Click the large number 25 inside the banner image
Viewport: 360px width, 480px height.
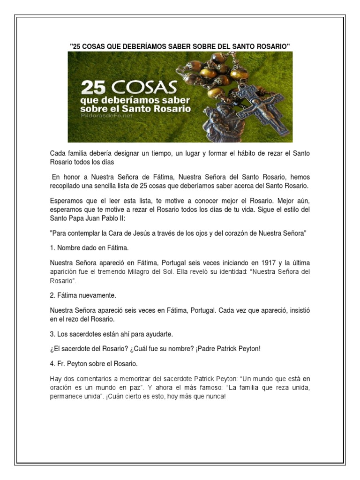tap(96, 88)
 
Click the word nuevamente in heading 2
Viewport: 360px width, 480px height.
tap(100, 296)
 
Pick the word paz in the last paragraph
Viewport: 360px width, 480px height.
tap(142, 387)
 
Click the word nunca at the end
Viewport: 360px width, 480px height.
tap(214, 397)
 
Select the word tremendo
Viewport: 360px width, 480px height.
tap(124, 272)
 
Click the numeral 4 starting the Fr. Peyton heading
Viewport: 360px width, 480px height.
tap(52, 363)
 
